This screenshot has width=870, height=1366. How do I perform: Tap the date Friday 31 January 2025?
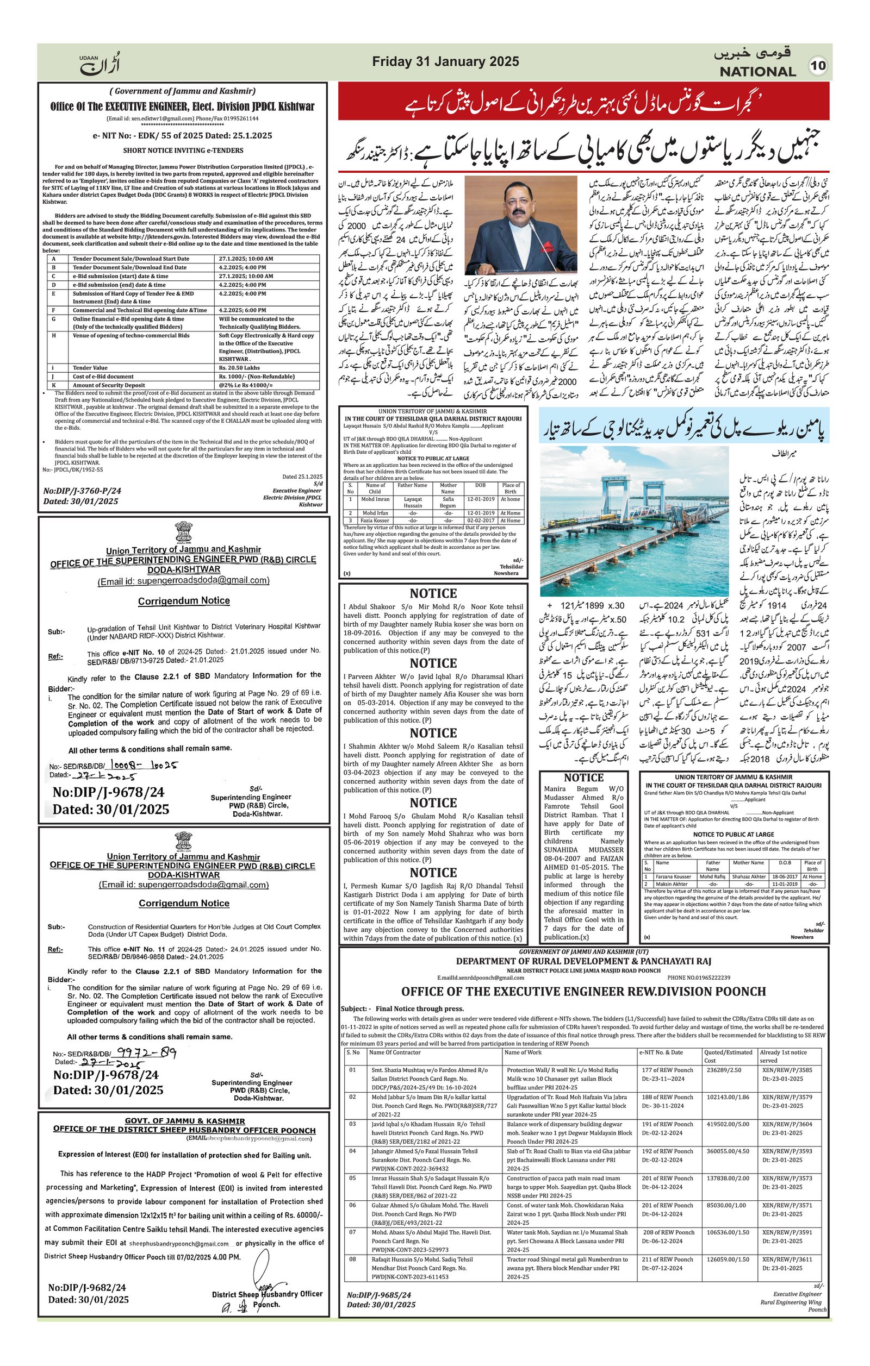[445, 61]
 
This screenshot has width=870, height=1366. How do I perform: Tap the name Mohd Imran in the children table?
[375, 499]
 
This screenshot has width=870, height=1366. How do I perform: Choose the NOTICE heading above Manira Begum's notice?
[583, 777]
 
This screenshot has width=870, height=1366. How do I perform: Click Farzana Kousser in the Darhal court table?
[673, 876]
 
